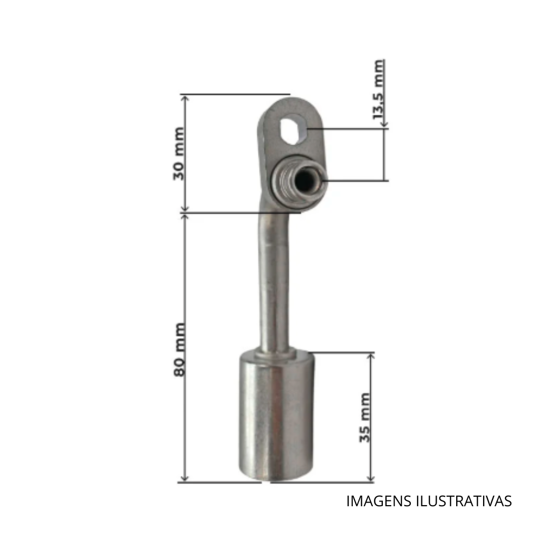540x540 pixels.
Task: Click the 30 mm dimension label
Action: coord(178,153)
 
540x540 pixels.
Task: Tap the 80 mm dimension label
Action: coord(179,350)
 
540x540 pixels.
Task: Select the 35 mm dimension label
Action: coord(364,418)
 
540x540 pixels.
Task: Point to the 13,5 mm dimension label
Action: coord(379,90)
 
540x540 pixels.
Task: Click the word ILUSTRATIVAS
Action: coord(464,501)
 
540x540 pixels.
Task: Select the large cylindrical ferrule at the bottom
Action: coord(276,415)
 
